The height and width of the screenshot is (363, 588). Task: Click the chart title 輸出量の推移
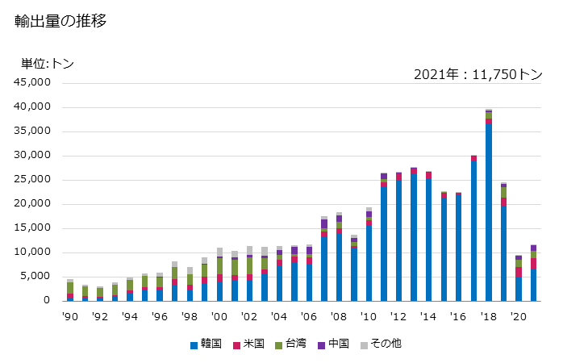point(60,22)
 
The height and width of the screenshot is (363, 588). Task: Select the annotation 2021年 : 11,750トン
point(477,74)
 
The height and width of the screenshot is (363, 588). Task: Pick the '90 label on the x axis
point(70,316)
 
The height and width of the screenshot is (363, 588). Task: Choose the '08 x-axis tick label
point(339,316)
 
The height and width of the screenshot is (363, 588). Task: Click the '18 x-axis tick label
point(488,316)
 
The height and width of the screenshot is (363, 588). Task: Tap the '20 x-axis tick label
point(518,316)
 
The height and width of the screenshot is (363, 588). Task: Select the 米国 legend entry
point(252,344)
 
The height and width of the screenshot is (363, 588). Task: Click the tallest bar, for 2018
point(489,210)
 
